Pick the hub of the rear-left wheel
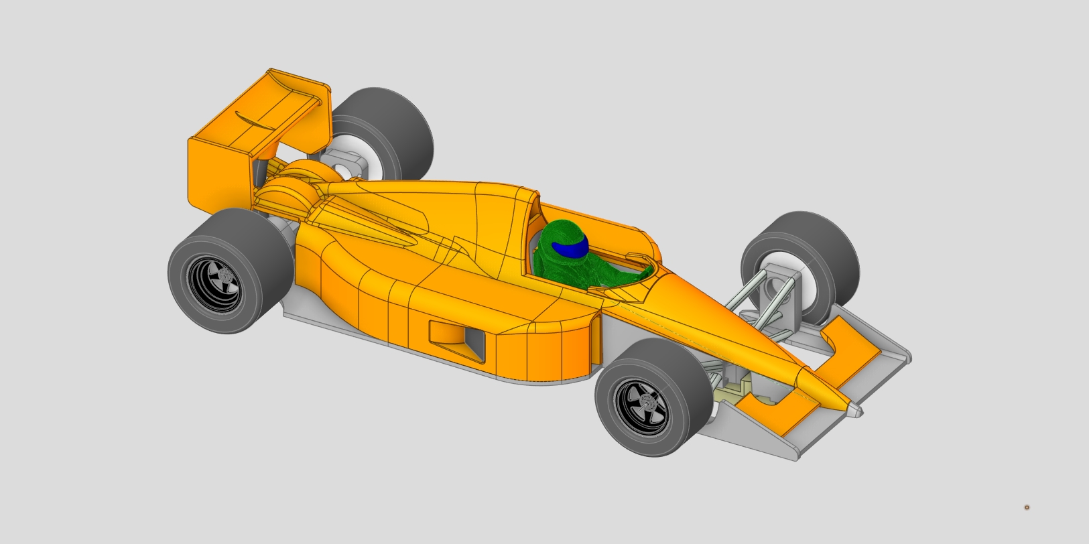pos(221,275)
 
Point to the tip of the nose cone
pos(857,409)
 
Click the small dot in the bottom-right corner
pos(1026,507)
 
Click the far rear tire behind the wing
pos(395,127)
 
